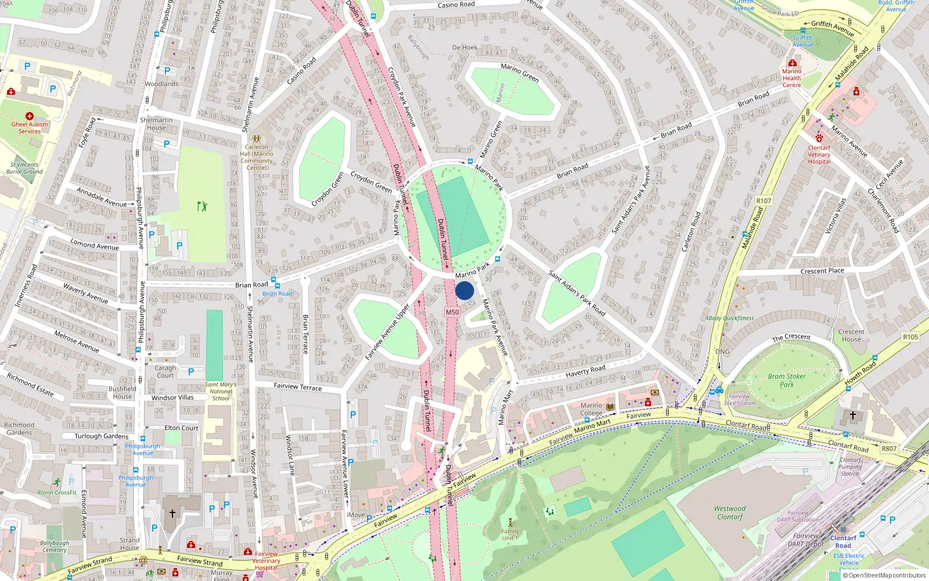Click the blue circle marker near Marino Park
(464, 290)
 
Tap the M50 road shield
(452, 312)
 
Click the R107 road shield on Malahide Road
(764, 201)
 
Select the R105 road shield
(910, 337)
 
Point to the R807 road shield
(889, 449)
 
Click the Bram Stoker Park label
(787, 380)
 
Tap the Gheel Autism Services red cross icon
(30, 116)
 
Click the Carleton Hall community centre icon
(257, 139)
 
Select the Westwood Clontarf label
(730, 512)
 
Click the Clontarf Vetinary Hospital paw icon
(819, 138)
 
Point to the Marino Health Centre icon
(792, 63)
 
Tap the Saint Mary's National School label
(221, 391)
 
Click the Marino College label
(591, 409)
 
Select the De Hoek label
(464, 48)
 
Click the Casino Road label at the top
(456, 5)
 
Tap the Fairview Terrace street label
(297, 386)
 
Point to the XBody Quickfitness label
(729, 318)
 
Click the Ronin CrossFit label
(57, 492)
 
